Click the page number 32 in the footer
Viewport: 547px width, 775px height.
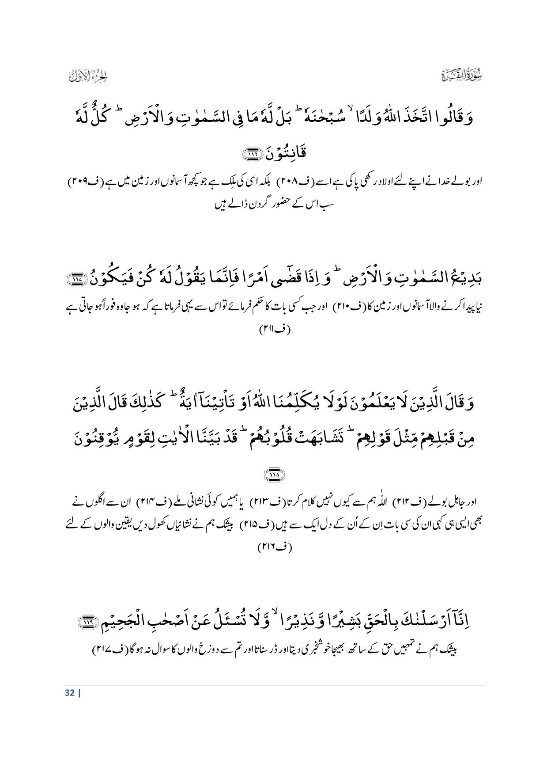(69, 692)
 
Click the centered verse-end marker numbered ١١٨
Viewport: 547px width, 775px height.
(274, 475)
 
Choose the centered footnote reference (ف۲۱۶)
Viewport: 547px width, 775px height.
(274, 547)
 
